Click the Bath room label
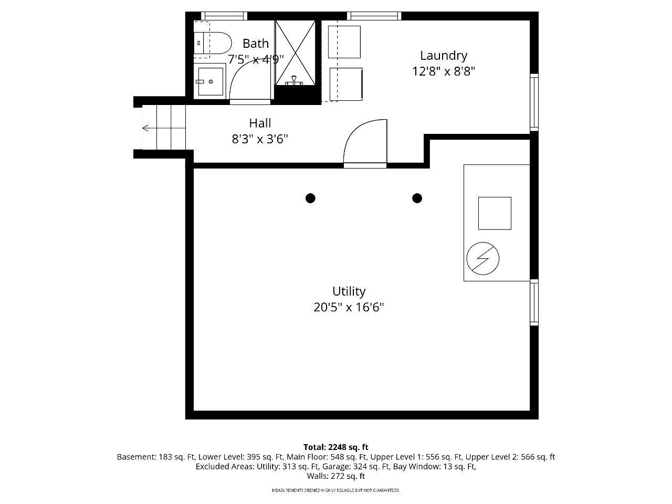click(255, 44)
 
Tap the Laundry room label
click(443, 56)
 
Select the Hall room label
click(260, 123)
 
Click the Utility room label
click(349, 291)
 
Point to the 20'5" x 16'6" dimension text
click(349, 307)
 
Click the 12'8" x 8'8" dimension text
click(443, 71)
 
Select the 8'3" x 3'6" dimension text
click(260, 139)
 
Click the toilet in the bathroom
click(213, 43)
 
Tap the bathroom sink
click(210, 81)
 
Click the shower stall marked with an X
click(295, 52)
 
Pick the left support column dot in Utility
click(310, 198)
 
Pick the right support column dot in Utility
click(417, 198)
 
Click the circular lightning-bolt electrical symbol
click(482, 259)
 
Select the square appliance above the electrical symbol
click(495, 213)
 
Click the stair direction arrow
click(164, 128)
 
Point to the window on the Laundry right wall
click(534, 102)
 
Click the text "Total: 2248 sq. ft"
click(336, 447)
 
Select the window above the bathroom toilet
click(224, 16)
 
